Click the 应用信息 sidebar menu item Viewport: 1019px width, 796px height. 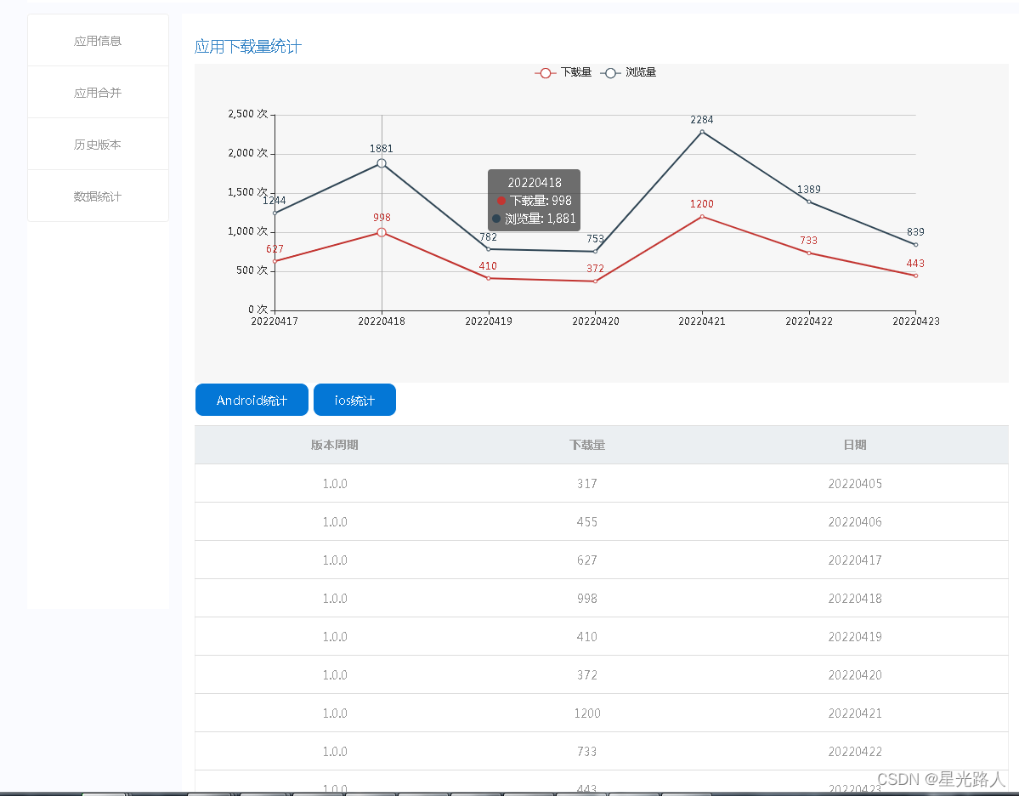tap(98, 41)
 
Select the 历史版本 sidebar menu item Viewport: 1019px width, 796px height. tap(98, 145)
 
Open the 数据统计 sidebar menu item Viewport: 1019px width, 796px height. tap(98, 196)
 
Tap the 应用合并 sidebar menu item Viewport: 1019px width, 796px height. tap(98, 93)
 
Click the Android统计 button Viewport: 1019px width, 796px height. tap(252, 400)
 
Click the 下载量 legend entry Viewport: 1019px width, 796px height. tap(564, 72)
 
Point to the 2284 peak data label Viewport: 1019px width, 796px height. tap(702, 120)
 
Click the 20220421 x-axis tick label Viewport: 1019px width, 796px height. tap(702, 321)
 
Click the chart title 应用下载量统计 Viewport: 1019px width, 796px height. tap(247, 47)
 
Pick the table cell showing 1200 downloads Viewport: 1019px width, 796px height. tap(587, 714)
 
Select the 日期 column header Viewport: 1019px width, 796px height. tap(855, 445)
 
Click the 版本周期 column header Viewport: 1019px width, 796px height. tap(335, 445)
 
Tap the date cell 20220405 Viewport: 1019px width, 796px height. tap(855, 484)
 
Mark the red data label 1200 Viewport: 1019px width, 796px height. tap(702, 204)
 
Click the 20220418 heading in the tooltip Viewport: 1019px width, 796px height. tap(535, 183)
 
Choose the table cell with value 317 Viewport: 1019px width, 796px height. tap(587, 484)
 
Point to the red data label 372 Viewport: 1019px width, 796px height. tap(595, 269)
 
